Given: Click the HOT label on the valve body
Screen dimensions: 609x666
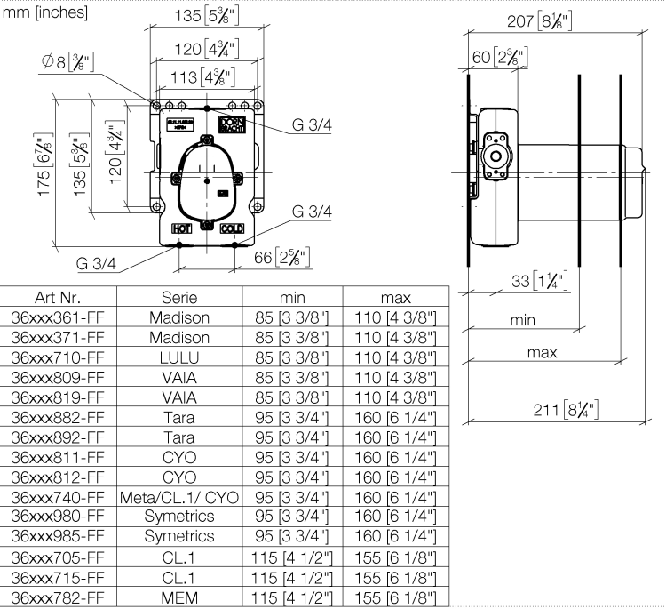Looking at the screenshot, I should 182,228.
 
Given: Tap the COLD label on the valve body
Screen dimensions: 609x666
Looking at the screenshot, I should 232,228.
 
